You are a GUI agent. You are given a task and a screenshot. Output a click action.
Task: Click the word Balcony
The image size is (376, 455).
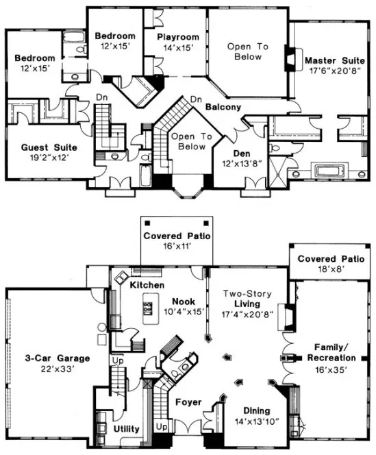tap(222, 108)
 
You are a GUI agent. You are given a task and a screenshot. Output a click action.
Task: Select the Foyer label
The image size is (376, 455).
tap(187, 402)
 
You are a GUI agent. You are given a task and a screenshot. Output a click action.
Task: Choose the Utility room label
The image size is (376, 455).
tap(125, 429)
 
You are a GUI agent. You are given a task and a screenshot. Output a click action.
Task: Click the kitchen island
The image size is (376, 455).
tap(147, 308)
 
